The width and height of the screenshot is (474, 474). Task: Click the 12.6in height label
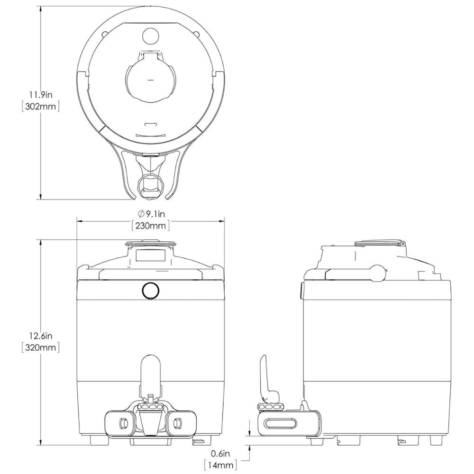pos(40,336)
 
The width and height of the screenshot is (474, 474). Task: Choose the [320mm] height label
pos(40,348)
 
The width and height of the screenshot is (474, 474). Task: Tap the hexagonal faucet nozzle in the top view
pos(149,188)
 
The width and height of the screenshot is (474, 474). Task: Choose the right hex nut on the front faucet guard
pos(179,422)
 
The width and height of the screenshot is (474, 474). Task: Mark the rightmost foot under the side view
pos(437,440)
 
